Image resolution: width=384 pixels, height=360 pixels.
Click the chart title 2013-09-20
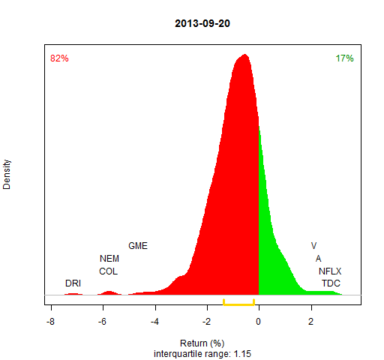(x=202, y=23)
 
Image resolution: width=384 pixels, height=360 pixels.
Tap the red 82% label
(x=59, y=58)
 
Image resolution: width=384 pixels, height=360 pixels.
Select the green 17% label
(x=344, y=58)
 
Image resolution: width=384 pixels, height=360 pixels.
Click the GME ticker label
(x=138, y=246)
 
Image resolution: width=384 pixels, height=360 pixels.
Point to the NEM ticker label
(x=109, y=259)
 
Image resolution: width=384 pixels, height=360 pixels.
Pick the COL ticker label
(x=108, y=271)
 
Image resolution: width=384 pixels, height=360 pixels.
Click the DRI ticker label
(x=73, y=283)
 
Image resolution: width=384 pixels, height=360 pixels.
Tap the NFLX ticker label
(x=330, y=271)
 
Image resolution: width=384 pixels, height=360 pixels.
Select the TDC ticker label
(x=331, y=283)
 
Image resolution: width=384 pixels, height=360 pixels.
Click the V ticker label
(x=314, y=246)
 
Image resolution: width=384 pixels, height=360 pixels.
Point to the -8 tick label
(x=50, y=322)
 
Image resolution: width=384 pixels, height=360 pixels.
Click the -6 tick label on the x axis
(x=102, y=322)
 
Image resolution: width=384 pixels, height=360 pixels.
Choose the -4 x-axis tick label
(x=154, y=322)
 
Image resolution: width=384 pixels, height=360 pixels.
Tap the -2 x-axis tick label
(x=206, y=322)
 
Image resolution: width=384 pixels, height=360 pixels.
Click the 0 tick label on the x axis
(x=259, y=322)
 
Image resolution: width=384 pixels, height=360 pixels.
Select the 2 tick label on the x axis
(x=310, y=322)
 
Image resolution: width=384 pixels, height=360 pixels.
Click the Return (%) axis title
(x=202, y=343)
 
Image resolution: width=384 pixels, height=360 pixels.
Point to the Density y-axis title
(x=7, y=175)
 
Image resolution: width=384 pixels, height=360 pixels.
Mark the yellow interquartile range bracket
(x=238, y=304)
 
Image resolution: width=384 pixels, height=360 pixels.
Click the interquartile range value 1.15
(x=242, y=354)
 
